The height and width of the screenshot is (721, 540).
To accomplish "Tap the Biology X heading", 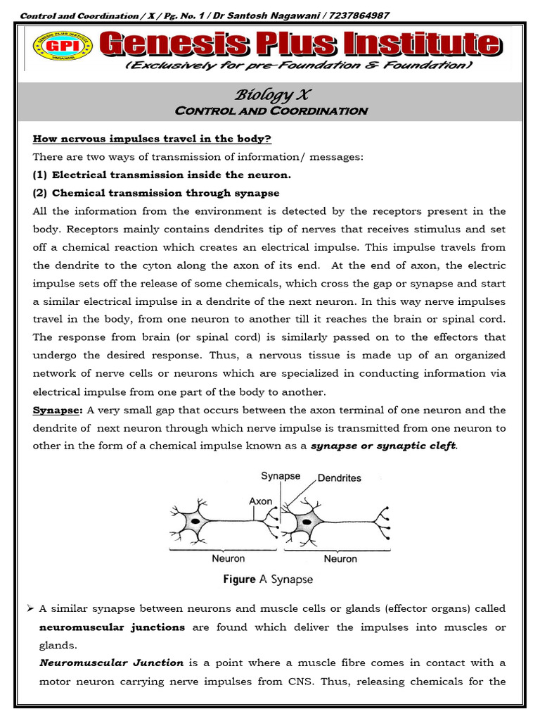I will (x=270, y=95).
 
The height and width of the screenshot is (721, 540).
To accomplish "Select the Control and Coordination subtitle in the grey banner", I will (x=270, y=111).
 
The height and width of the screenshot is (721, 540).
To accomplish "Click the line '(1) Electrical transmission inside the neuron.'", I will (x=161, y=175).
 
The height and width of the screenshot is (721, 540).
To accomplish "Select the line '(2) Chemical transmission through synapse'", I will (x=156, y=193).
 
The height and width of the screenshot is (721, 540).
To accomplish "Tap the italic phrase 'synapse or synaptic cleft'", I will (x=383, y=446).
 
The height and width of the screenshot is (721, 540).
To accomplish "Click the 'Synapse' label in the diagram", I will (x=281, y=476).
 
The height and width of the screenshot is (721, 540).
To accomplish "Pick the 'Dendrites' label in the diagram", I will (x=340, y=478).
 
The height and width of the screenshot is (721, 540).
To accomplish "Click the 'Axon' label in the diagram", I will (x=261, y=501).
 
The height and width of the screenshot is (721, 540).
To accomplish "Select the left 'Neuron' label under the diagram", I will (x=229, y=558).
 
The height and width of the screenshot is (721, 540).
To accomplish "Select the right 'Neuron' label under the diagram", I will (x=340, y=558).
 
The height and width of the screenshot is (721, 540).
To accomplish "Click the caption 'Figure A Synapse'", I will (x=268, y=579).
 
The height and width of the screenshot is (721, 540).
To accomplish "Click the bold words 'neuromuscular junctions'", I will (x=112, y=627).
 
